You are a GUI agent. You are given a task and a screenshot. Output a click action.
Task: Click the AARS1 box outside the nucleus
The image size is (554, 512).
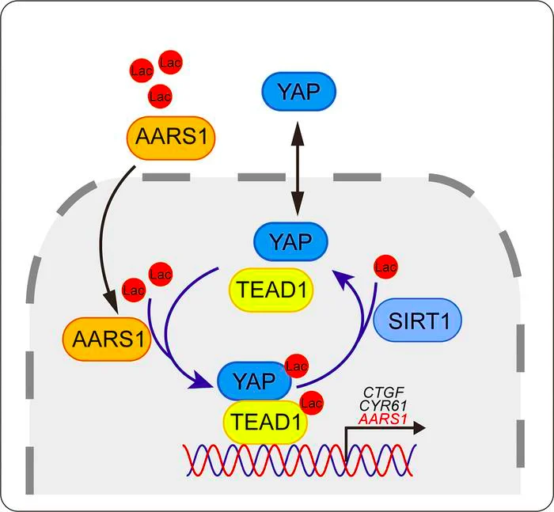coord(171,138)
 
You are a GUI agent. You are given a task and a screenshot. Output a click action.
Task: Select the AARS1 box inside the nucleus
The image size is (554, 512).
coord(107,339)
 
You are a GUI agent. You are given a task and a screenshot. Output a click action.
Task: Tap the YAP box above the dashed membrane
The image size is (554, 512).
coord(299,92)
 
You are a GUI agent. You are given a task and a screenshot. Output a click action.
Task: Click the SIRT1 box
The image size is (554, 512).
coord(418,320)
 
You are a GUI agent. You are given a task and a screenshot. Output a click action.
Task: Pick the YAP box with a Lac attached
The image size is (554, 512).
coord(254,381)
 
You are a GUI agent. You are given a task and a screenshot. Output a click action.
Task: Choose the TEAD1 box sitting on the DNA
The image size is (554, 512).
coord(265,422)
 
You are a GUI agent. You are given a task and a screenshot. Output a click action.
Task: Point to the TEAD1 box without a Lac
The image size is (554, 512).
coord(271,290)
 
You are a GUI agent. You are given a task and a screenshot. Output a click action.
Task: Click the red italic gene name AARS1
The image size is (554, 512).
coord(382,419)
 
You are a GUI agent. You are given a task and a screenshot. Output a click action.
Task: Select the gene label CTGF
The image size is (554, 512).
coord(384,393)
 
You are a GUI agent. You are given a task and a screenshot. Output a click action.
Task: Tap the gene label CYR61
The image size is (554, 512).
coord(383,406)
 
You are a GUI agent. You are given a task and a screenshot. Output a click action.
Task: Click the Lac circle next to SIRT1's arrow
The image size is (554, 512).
coord(385,267)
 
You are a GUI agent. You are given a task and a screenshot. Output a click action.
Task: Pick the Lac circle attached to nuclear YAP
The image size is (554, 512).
coord(297,366)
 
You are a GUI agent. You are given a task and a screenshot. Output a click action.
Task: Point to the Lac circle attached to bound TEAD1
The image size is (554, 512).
coord(311,403)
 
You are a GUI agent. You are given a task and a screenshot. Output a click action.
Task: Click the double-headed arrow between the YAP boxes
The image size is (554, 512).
coord(298,169)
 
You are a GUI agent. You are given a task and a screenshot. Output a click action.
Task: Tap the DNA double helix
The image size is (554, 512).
coord(300,461)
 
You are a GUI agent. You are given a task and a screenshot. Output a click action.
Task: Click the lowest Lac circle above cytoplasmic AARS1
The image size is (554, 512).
coord(160,96)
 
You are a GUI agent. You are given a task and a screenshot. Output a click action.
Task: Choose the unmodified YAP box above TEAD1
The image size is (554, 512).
coord(290,241)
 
